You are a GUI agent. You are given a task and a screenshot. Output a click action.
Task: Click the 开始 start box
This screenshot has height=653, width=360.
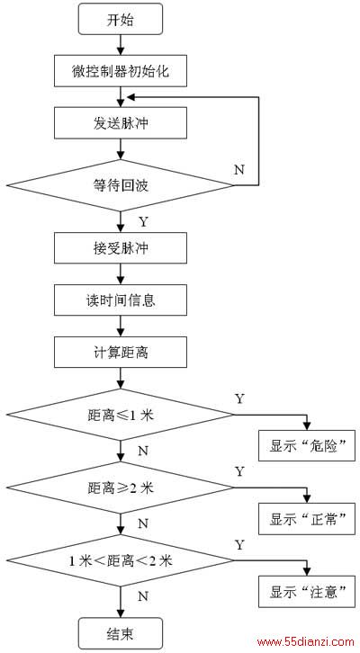[120, 19]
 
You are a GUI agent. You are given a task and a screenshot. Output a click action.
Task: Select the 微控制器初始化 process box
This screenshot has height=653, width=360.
[120, 71]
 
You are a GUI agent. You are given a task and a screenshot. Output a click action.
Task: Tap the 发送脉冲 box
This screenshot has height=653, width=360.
[120, 123]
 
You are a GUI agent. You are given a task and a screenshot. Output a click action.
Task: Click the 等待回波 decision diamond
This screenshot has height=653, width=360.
[120, 185]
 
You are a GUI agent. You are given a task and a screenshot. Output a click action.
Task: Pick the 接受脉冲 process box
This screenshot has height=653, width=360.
[120, 248]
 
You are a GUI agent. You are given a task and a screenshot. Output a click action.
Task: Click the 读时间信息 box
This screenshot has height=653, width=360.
[120, 300]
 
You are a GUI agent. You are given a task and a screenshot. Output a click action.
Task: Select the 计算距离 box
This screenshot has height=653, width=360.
[120, 353]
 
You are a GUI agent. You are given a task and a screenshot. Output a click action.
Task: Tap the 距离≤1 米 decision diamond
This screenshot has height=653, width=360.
[120, 415]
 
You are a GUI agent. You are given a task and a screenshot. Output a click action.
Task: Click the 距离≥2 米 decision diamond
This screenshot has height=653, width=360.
[120, 488]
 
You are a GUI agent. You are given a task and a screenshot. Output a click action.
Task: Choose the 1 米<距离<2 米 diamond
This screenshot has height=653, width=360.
[120, 560]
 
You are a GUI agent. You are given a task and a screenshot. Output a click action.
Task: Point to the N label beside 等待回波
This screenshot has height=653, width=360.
[239, 170]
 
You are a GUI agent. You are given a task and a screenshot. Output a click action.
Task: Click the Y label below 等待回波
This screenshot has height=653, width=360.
[143, 222]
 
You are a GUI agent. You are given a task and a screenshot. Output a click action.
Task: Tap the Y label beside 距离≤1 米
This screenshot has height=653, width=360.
[239, 398]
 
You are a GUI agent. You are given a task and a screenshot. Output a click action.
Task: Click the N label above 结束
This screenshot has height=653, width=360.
[143, 596]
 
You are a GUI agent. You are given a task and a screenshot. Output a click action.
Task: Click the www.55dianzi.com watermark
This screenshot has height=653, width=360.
[306, 641]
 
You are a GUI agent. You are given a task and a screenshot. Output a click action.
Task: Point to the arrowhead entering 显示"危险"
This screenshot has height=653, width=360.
[307, 426]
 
